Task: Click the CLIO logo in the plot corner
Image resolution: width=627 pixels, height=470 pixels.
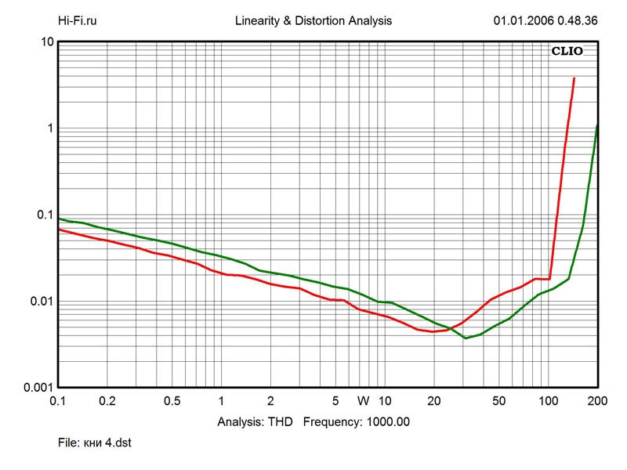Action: [x=567, y=52]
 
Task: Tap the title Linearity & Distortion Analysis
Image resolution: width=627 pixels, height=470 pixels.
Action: [x=313, y=21]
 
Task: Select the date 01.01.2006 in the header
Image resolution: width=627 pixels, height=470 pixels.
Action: [x=522, y=21]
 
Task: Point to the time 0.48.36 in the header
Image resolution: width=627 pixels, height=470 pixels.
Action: [x=577, y=21]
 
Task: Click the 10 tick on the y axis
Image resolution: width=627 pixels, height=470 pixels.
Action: [x=46, y=42]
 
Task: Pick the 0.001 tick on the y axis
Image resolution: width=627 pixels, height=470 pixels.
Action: [x=38, y=388]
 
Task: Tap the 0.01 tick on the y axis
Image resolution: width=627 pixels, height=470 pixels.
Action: [x=41, y=302]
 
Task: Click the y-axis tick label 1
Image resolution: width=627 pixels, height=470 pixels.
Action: [x=49, y=128]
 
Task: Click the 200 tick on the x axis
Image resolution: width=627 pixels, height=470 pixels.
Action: [x=596, y=400]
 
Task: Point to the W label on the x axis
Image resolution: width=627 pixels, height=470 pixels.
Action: [x=363, y=400]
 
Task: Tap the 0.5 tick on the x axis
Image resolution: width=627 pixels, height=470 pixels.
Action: [x=172, y=400]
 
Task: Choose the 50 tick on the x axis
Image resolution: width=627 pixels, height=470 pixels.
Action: [x=498, y=400]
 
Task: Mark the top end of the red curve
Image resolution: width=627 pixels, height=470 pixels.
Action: [x=574, y=78]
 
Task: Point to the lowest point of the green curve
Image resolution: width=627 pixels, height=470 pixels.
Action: [x=466, y=338]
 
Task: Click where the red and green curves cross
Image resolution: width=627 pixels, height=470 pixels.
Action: [x=451, y=328]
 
